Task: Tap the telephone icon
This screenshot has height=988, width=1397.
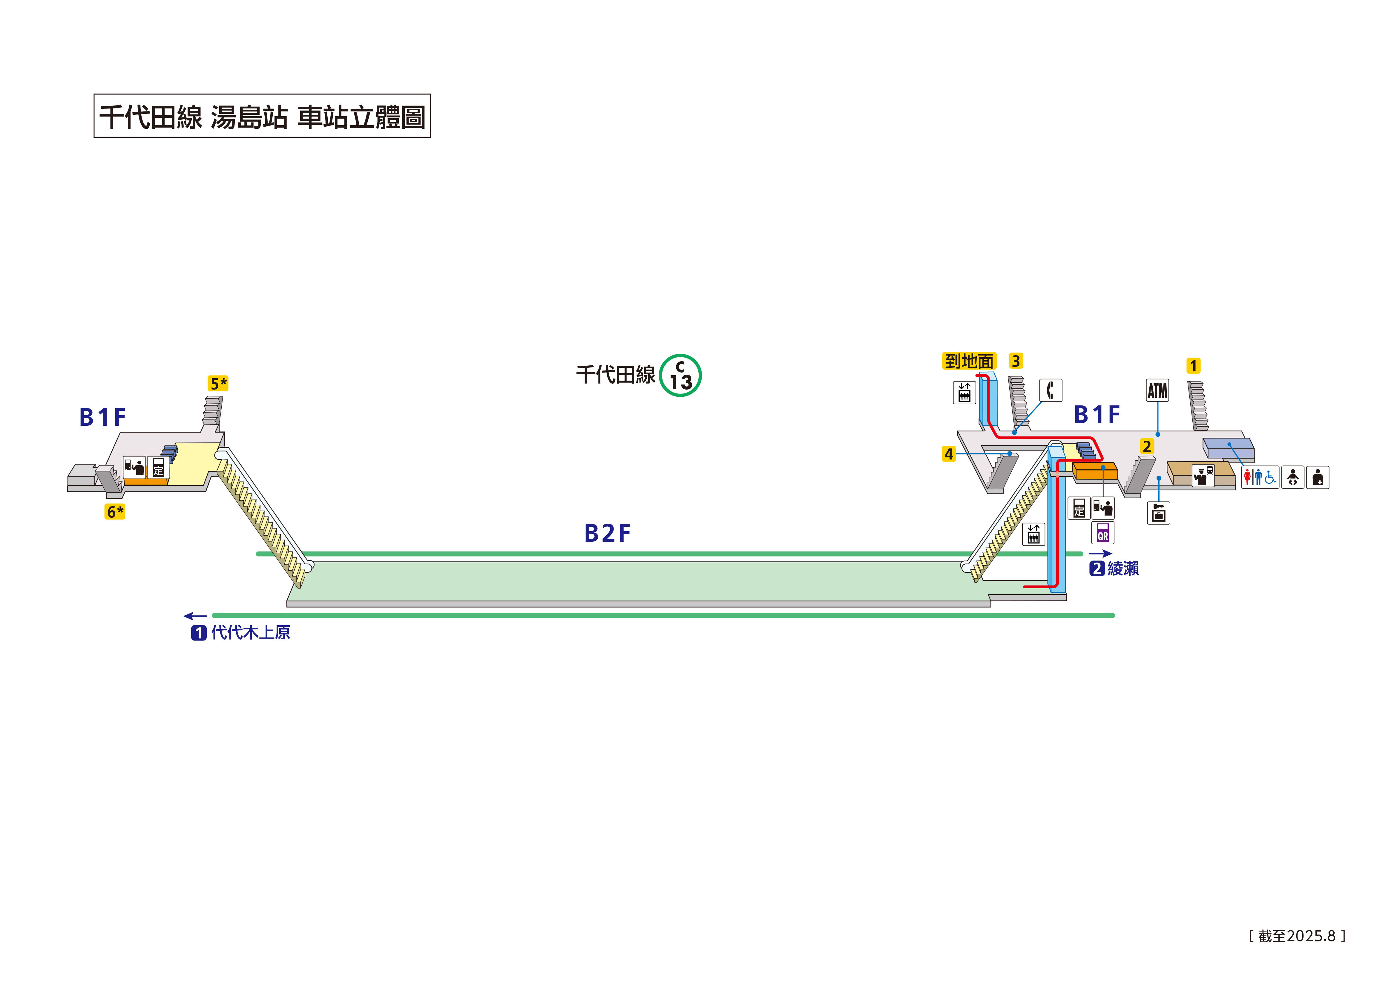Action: [x=1050, y=390]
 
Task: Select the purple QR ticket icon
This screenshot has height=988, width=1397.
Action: [x=1102, y=533]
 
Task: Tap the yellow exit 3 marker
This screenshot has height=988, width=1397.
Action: [x=1016, y=361]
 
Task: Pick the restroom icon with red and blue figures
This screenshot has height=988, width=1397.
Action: [x=1260, y=477]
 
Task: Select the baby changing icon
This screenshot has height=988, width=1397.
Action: [x=1292, y=477]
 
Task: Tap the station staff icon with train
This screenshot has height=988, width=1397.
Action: [x=1202, y=475]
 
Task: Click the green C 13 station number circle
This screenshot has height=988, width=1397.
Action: [x=680, y=376]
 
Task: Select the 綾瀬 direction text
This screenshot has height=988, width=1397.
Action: [x=1122, y=569]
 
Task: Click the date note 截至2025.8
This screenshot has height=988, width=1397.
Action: [x=1297, y=936]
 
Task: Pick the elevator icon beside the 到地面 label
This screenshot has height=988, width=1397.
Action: [x=964, y=393]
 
